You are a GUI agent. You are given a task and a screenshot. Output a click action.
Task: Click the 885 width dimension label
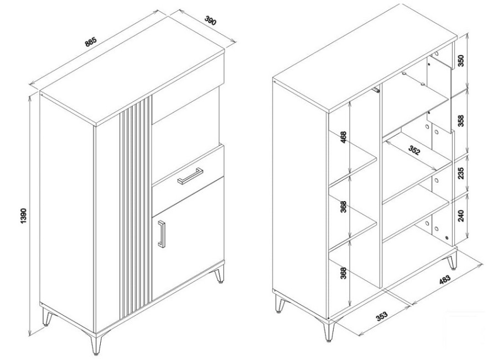(x=91, y=43)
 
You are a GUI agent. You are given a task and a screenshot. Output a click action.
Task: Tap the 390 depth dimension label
(x=210, y=21)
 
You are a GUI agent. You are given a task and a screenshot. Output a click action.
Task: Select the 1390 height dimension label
(x=25, y=217)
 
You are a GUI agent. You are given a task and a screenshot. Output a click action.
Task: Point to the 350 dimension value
(x=461, y=60)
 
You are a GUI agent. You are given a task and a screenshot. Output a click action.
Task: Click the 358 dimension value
(x=461, y=121)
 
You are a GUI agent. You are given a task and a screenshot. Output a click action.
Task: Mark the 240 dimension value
(x=461, y=215)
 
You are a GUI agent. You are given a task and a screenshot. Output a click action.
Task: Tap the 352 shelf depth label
(x=414, y=150)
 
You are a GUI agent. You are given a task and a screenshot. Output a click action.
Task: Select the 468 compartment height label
(x=343, y=137)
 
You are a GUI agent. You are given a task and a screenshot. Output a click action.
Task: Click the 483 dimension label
(x=445, y=279)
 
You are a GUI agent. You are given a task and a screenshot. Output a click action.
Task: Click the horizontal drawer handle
(x=190, y=176)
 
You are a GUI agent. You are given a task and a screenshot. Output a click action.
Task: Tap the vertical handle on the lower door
(x=162, y=233)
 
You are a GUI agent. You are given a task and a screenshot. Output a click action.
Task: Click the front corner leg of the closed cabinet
(x=95, y=344)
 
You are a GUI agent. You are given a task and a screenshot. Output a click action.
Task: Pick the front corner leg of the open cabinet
(x=329, y=331)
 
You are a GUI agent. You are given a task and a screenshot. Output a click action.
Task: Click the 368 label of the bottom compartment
(x=343, y=273)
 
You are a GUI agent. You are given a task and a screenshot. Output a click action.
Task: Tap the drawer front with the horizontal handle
(x=188, y=177)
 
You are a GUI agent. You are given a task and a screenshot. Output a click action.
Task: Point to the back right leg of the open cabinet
(x=452, y=261)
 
